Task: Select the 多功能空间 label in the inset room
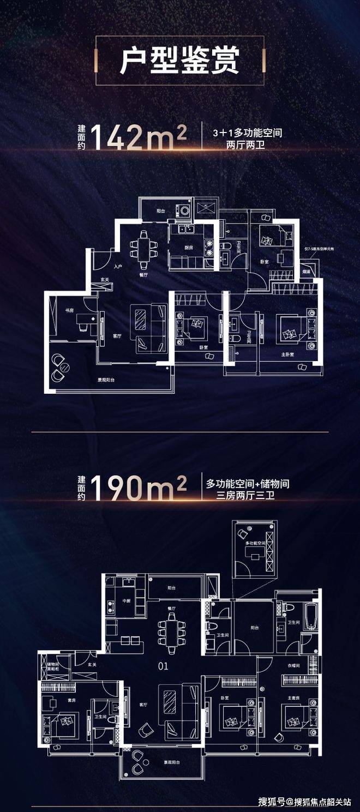click(255, 544)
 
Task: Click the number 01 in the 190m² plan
click(163, 666)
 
